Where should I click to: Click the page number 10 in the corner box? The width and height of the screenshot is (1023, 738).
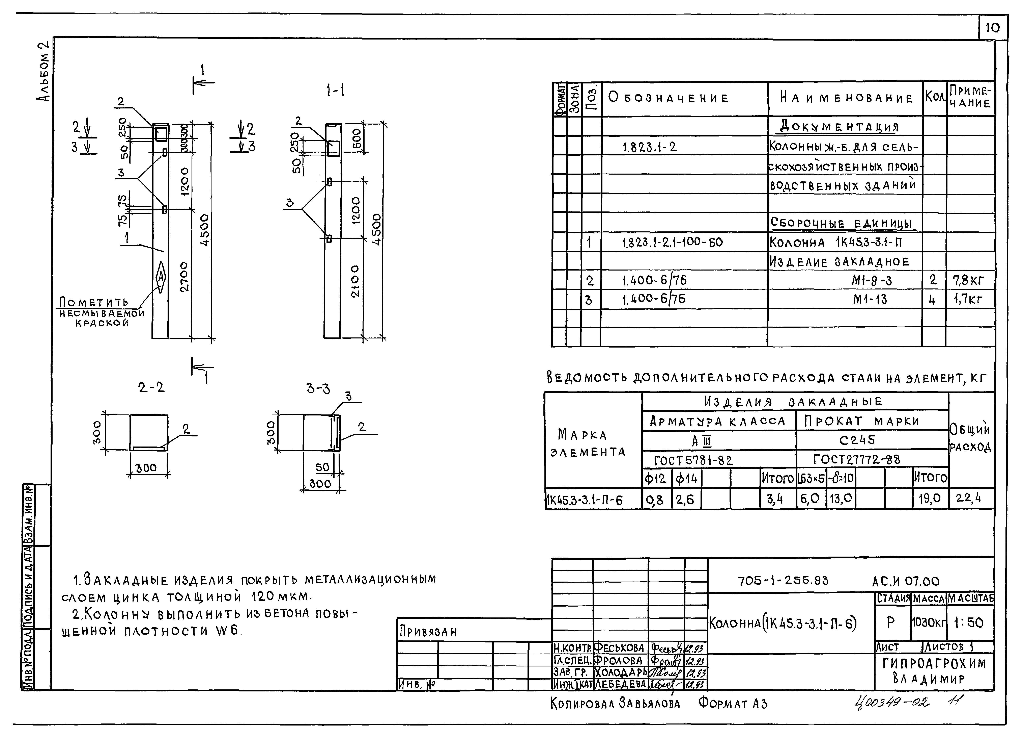coord(992,28)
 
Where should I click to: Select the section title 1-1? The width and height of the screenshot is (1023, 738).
coord(335,91)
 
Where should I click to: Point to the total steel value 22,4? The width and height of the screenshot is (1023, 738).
coord(968,498)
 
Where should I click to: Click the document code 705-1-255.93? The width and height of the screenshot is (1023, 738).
coord(783,581)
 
